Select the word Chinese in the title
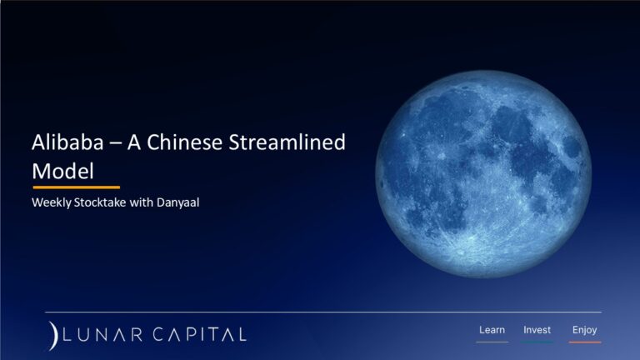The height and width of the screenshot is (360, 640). click(194, 143)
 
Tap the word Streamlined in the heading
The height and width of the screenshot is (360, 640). click(291, 143)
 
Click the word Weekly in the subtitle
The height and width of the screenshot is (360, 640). click(52, 202)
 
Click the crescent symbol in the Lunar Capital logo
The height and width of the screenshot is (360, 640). click(52, 334)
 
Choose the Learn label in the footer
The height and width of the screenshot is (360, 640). click(492, 330)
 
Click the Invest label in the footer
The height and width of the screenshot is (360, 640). click(537, 330)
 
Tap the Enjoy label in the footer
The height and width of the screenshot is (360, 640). click(584, 330)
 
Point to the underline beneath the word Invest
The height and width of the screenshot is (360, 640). click(537, 342)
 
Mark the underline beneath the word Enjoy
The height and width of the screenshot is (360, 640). click(584, 342)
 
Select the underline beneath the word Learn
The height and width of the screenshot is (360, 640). click(492, 342)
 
